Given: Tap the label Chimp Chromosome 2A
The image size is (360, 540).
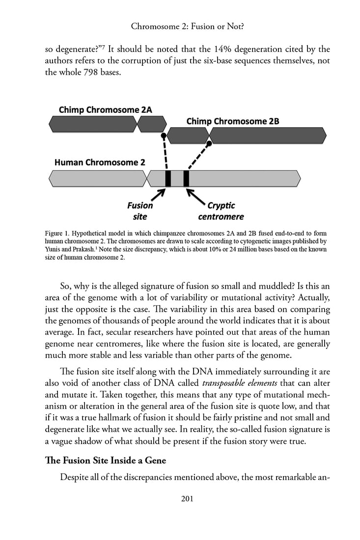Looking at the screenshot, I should (105, 109).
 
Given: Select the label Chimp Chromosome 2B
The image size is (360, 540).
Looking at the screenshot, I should (232, 121).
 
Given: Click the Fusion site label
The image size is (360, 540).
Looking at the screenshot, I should (140, 211).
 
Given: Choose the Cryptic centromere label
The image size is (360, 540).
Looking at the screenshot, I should (221, 211).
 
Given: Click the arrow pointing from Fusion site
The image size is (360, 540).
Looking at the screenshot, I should (158, 195).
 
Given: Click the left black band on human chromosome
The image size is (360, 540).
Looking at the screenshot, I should (168, 178).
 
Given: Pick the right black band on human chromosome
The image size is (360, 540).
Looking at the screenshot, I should (186, 178).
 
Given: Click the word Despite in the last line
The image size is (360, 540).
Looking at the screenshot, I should (76, 477).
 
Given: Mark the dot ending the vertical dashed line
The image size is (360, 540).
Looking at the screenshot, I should (164, 135).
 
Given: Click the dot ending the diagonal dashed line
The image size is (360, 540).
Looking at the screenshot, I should (209, 143).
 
